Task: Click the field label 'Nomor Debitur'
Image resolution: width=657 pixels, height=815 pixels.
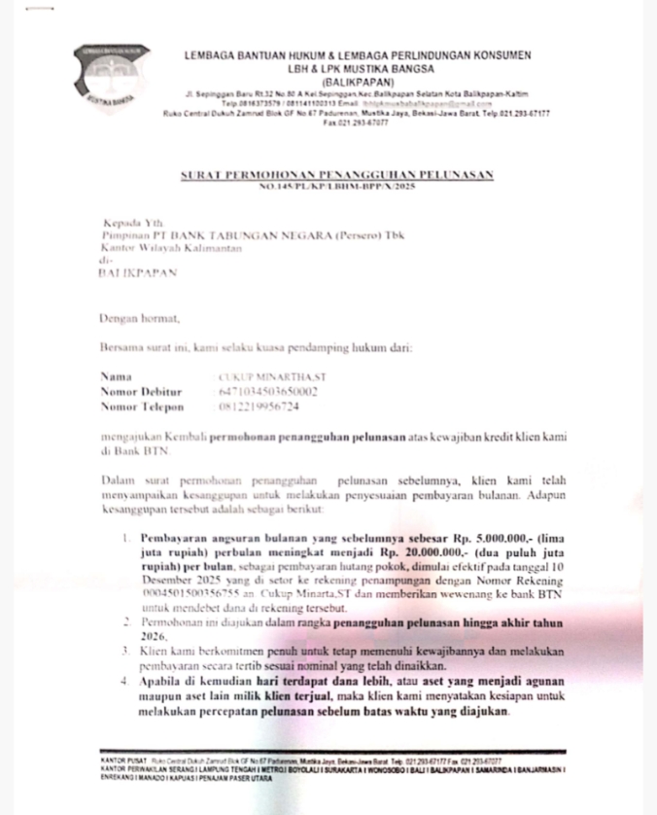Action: point(141,391)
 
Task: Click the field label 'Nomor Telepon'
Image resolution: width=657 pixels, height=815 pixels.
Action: point(142,407)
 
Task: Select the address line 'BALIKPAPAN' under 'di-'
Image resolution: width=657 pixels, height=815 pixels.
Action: point(139,274)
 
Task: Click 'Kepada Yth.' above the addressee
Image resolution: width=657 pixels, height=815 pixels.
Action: point(129,223)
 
